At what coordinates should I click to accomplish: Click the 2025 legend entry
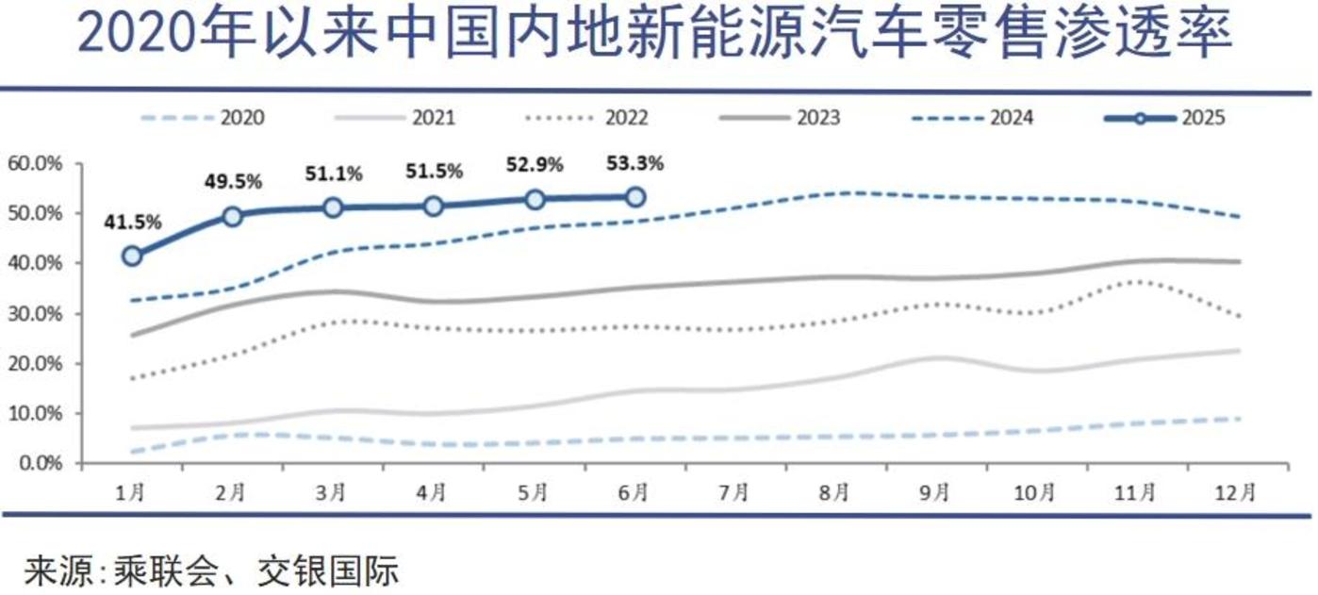pyautogui.click(x=1164, y=119)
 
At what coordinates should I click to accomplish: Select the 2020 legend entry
pyautogui.click(x=203, y=119)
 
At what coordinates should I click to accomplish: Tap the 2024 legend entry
pyautogui.click(x=972, y=119)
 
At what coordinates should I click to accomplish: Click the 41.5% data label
pyautogui.click(x=133, y=223)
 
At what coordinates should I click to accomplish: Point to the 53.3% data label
pyautogui.click(x=635, y=163)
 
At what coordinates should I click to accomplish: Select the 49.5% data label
pyautogui.click(x=233, y=181)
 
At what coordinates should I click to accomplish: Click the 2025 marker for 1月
pyautogui.click(x=132, y=256)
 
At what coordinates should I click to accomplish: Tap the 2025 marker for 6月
pyautogui.click(x=635, y=197)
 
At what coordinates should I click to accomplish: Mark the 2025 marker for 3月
pyautogui.click(x=333, y=207)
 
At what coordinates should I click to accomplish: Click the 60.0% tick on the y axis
pyautogui.click(x=35, y=164)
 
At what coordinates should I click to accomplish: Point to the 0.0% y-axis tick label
pyautogui.click(x=40, y=464)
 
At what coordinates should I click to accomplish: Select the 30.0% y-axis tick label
pyautogui.click(x=35, y=314)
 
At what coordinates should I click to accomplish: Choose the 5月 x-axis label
pyautogui.click(x=534, y=492)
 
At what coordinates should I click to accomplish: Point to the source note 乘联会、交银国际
pyautogui.click(x=212, y=570)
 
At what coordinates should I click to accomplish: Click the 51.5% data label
pyautogui.click(x=434, y=173)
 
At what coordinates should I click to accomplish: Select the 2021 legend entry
pyautogui.click(x=395, y=119)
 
